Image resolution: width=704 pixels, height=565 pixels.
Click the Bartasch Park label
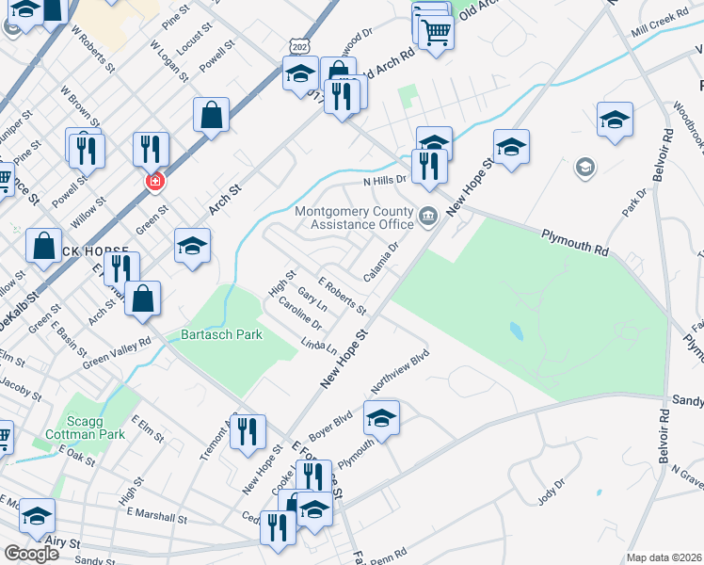tap(209, 334)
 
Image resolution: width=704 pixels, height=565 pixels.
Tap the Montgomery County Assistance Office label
tap(354, 218)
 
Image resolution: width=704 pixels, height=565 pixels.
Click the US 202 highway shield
tap(299, 45)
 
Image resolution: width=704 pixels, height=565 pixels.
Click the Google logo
tap(32, 554)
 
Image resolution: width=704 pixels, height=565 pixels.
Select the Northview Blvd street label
tap(400, 368)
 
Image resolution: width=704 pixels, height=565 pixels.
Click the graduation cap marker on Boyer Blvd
tap(381, 417)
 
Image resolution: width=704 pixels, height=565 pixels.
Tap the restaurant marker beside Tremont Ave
tap(247, 432)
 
